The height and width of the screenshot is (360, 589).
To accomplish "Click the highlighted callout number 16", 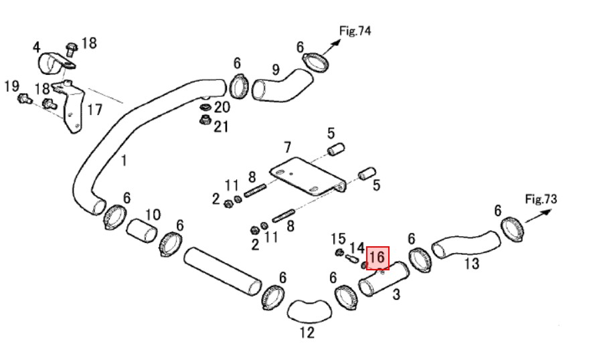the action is [x=377, y=258].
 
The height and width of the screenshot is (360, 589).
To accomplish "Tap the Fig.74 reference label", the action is [x=355, y=31].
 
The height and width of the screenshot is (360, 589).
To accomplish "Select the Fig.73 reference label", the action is [x=541, y=199].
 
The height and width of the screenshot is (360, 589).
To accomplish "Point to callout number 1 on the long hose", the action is [x=124, y=161].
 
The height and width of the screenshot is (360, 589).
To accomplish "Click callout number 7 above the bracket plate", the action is [x=287, y=147].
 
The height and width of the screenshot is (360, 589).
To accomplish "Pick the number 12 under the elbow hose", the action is [x=307, y=333].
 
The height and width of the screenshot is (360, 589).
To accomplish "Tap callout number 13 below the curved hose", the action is [x=472, y=264].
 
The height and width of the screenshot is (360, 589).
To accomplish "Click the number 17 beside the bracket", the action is [x=94, y=110].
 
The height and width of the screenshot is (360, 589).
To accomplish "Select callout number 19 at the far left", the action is [x=11, y=86].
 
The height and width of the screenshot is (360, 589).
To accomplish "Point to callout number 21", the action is [x=221, y=126].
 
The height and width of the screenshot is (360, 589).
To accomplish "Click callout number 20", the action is [x=222, y=107].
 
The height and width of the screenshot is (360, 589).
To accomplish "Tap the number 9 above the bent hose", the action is [x=276, y=70].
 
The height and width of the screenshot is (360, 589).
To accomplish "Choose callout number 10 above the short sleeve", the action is [x=153, y=215].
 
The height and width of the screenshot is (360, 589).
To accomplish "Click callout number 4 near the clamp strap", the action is [x=36, y=48].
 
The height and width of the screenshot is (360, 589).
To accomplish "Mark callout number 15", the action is [x=338, y=239].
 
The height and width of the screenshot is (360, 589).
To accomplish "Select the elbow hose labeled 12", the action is [x=309, y=312].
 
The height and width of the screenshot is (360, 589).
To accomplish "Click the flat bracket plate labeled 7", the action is [x=307, y=176].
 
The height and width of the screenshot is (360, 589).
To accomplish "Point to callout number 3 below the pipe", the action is [x=396, y=294].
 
